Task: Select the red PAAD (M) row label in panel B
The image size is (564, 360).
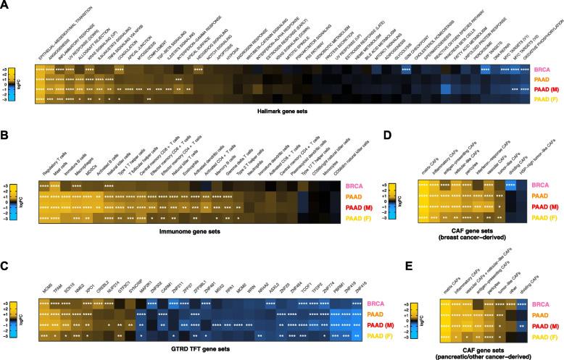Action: click(368, 206)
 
